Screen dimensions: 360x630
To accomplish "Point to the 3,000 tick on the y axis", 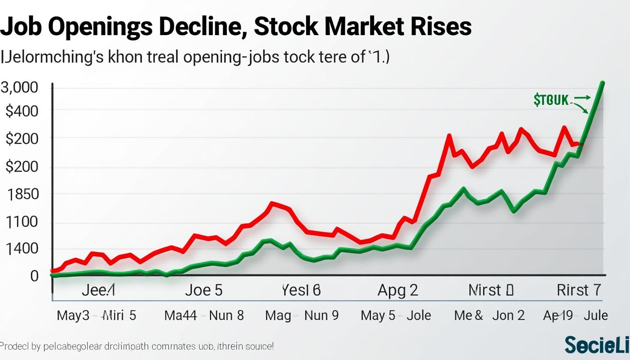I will (20, 88).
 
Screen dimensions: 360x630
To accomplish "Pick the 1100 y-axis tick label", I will (22, 222).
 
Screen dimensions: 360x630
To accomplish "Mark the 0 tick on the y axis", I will (34, 276).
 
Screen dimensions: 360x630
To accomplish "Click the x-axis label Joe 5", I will (203, 290).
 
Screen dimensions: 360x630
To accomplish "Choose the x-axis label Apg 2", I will (397, 290).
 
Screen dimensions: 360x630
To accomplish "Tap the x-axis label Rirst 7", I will (578, 290).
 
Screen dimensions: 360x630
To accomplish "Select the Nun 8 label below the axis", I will (226, 315).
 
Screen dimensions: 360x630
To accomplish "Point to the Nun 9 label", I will (321, 315).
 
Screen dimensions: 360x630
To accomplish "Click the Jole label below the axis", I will (419, 315).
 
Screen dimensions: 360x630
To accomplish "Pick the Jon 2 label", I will (508, 315).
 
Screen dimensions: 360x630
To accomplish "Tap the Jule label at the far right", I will (595, 315).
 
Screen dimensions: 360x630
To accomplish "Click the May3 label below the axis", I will (73, 315).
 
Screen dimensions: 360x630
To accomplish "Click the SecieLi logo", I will (597, 345).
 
